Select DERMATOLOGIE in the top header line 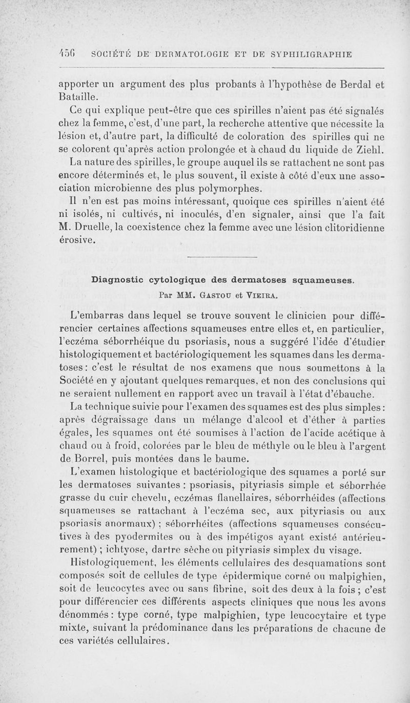point(183,53)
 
